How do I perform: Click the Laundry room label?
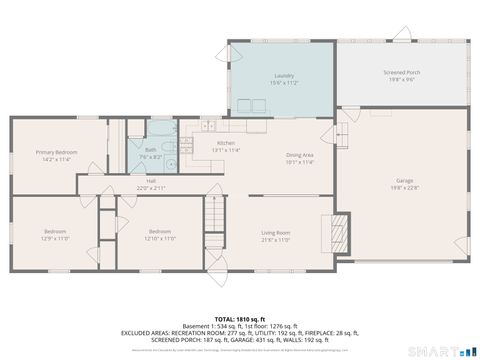pyautogui.click(x=283, y=76)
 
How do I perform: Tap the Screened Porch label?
pyautogui.click(x=402, y=72)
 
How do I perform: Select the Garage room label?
pyautogui.click(x=404, y=180)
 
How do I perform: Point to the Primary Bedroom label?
pyautogui.click(x=57, y=152)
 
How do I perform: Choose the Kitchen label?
pyautogui.click(x=227, y=144)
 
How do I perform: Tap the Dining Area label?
pyautogui.click(x=301, y=155)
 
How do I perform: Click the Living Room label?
pyautogui.click(x=276, y=233)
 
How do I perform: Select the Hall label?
pyautogui.click(x=150, y=181)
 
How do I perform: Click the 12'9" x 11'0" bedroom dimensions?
pyautogui.click(x=55, y=239)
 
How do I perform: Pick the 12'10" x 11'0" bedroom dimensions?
pyautogui.click(x=160, y=239)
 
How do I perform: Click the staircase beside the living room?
pyautogui.click(x=213, y=214)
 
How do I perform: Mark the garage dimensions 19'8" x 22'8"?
pyautogui.click(x=404, y=187)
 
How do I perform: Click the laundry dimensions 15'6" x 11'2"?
pyautogui.click(x=283, y=83)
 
